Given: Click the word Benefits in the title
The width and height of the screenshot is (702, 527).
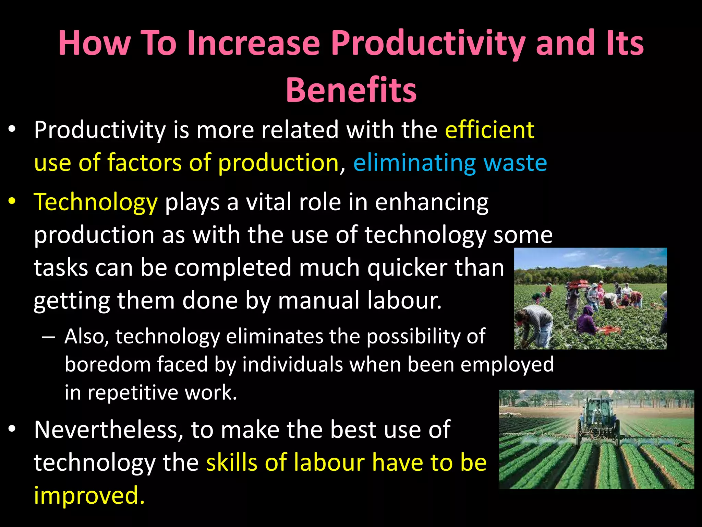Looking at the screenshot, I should [351, 90].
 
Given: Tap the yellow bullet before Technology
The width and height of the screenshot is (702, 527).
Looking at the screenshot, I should [12, 201].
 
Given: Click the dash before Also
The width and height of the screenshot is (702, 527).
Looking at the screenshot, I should [48, 337].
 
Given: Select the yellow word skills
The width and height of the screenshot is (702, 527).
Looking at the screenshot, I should [232, 463].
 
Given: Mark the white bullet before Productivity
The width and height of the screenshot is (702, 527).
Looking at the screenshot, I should [12, 129].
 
